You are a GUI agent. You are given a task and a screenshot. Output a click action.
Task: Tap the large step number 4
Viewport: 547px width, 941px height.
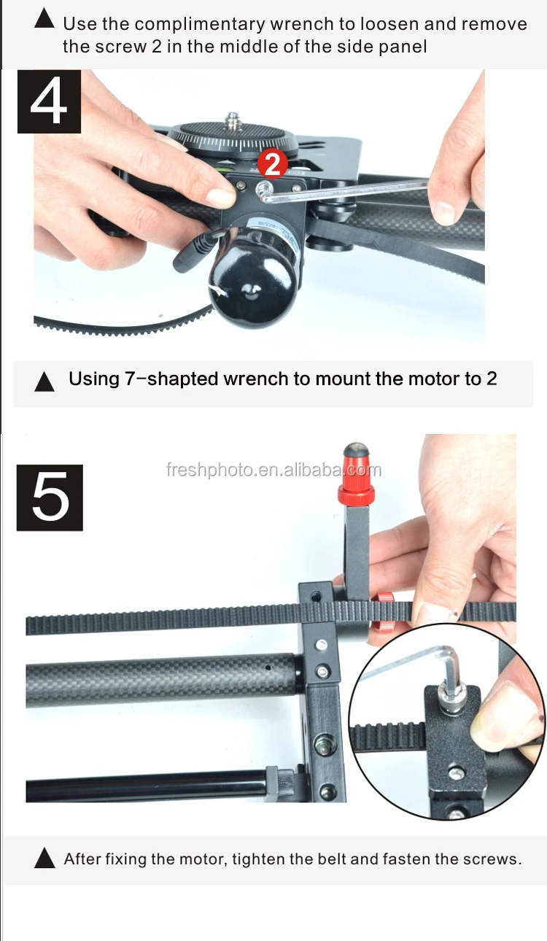click(49, 102)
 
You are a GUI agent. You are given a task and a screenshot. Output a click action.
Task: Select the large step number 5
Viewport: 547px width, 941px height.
click(50, 497)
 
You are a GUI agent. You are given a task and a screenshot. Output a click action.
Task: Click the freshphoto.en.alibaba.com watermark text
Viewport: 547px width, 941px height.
click(273, 471)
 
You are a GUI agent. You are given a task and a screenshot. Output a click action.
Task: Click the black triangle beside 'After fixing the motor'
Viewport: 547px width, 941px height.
click(45, 859)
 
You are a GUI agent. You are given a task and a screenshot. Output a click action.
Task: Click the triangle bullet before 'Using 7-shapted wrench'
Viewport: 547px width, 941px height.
click(45, 382)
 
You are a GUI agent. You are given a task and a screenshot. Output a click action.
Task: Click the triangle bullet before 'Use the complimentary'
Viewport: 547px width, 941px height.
click(45, 20)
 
